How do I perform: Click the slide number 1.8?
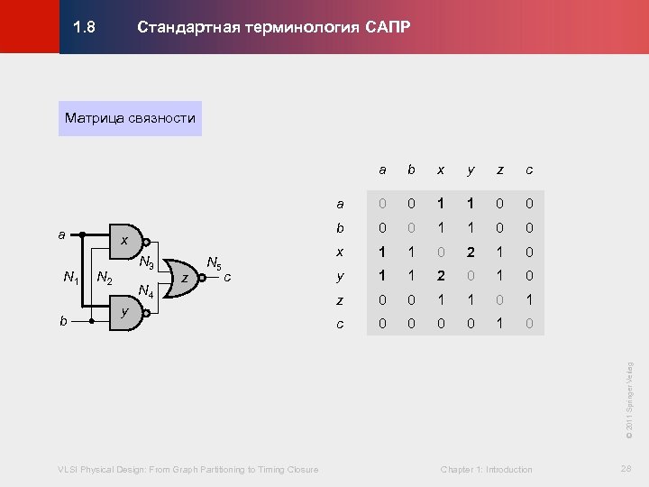(x=84, y=27)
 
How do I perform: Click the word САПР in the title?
(x=388, y=27)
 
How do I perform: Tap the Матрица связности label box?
(x=130, y=118)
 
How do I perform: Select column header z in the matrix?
(x=498, y=170)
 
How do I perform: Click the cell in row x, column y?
(x=470, y=253)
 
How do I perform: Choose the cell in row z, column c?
(x=528, y=300)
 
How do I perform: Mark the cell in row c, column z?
(x=498, y=323)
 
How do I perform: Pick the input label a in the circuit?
(x=61, y=234)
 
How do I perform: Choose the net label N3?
(x=145, y=263)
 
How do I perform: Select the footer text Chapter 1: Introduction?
(x=486, y=469)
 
